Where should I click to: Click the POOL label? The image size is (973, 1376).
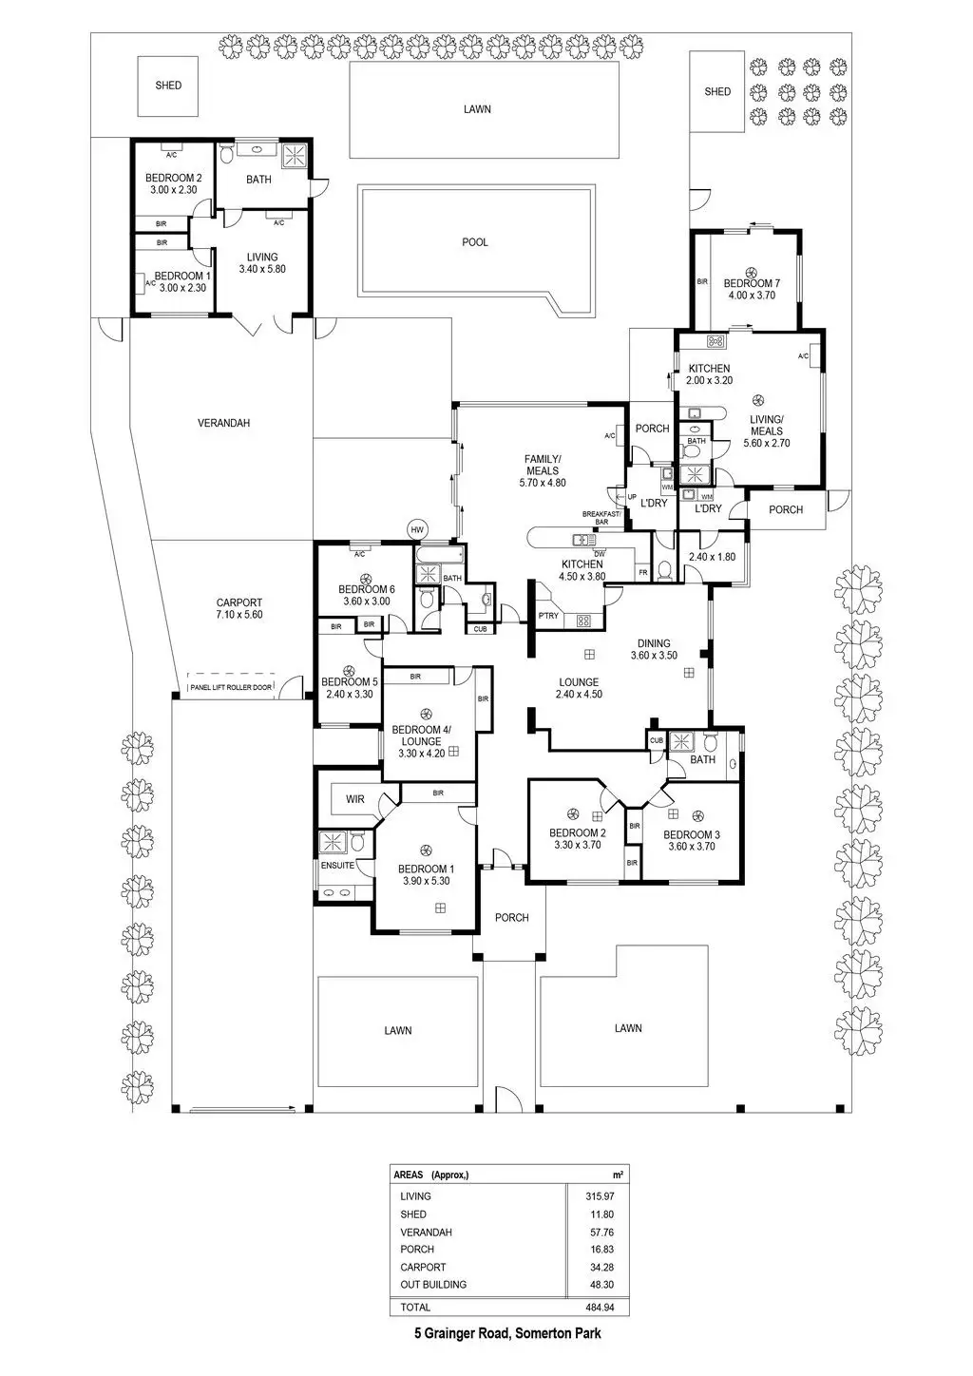475,242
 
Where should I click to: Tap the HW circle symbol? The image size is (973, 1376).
416,529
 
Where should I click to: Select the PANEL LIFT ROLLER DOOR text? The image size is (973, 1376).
231,687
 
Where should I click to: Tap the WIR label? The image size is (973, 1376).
355,799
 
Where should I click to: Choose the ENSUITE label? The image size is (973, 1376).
337,866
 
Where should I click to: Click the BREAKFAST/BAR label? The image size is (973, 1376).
601,518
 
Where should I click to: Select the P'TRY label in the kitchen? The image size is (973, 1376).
548,616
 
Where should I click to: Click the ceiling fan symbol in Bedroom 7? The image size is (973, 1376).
751,270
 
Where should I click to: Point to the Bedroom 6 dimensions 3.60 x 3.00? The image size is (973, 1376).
366,602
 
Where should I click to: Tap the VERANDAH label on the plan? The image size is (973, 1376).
223,423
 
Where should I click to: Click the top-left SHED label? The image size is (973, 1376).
168,86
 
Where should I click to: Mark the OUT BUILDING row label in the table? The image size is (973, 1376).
433,1285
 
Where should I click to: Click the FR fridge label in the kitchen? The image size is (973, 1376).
643,572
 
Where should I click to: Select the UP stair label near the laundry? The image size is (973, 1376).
632,496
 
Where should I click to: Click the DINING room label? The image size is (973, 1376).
654,643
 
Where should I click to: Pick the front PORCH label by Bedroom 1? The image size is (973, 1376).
512,917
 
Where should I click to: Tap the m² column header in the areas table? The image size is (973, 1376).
619,1175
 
